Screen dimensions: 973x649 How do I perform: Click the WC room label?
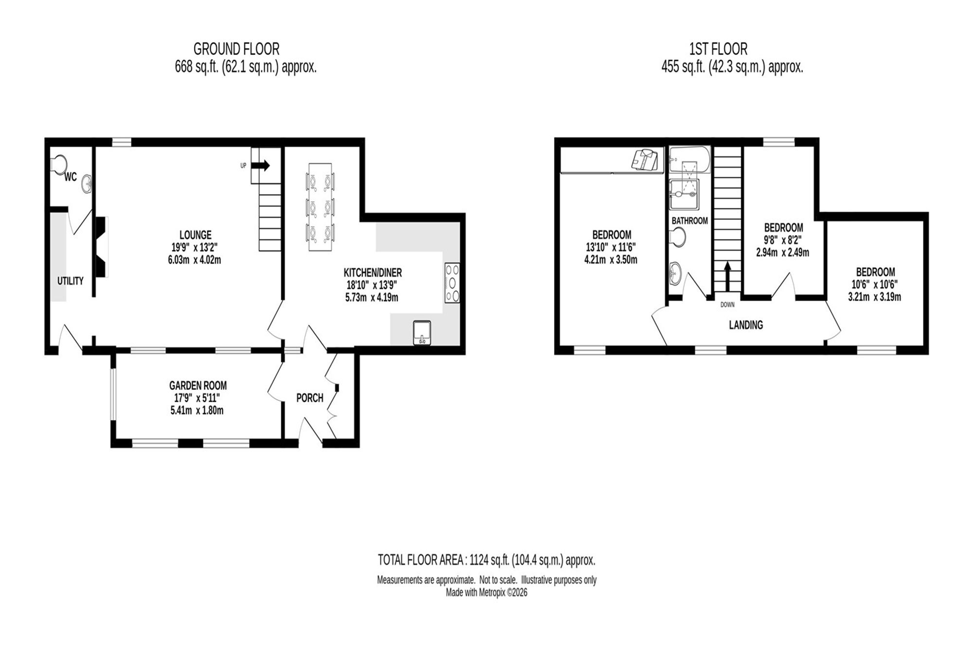[71, 177]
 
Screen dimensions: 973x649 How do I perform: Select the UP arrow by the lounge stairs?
[261, 166]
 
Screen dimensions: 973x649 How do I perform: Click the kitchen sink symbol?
[422, 333]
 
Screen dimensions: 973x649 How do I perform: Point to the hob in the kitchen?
[452, 283]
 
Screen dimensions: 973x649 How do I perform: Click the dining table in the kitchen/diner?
[320, 207]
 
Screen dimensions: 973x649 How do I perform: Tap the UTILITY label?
[71, 281]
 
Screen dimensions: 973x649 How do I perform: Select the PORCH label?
[310, 398]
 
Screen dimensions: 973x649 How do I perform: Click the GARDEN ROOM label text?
[198, 386]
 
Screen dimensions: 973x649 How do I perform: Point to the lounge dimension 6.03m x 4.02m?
[195, 260]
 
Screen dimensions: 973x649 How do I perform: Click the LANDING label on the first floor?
[746, 325]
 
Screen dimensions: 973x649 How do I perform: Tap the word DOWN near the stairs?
[727, 305]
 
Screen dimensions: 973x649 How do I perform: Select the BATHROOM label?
[690, 221]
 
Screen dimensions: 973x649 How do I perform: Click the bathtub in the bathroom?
[690, 159]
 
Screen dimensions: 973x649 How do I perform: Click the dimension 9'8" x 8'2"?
[783, 240]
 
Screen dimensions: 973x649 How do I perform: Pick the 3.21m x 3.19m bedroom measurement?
[875, 297]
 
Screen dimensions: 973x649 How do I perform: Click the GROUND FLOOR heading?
[236, 49]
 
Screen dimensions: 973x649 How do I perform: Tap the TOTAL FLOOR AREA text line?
[486, 560]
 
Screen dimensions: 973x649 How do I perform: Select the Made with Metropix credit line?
[486, 593]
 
